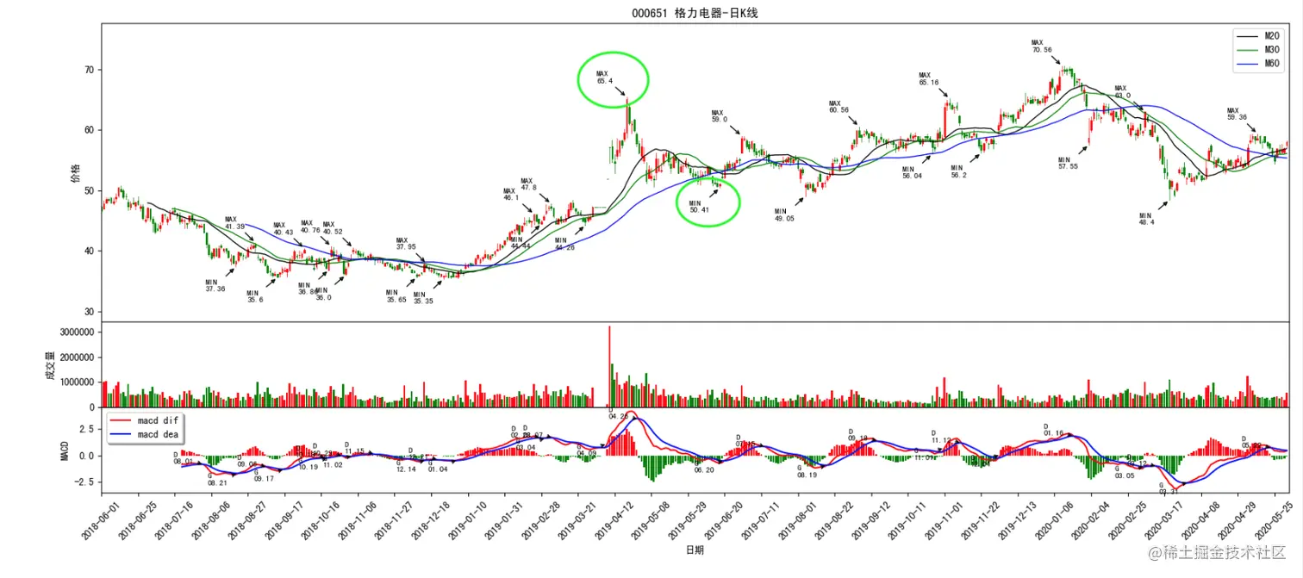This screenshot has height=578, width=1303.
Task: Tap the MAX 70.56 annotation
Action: pyautogui.click(x=1041, y=47)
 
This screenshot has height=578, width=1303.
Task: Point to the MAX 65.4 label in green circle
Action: pyautogui.click(x=604, y=78)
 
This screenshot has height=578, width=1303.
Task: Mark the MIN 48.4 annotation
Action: pyautogui.click(x=1145, y=219)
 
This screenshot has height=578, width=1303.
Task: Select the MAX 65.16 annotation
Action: pyautogui.click(x=928, y=78)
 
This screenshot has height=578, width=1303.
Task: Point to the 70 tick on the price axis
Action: pyautogui.click(x=88, y=70)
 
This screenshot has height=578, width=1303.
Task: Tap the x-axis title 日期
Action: pyautogui.click(x=694, y=550)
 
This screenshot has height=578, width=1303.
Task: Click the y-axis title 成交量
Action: pyautogui.click(x=51, y=370)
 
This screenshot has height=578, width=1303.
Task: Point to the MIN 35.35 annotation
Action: pyautogui.click(x=422, y=298)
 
